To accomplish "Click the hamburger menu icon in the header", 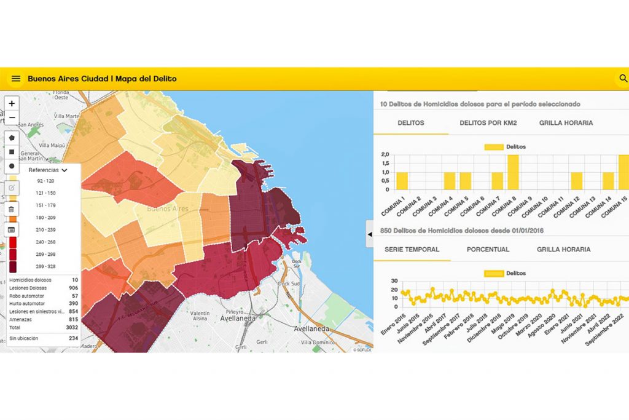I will tap(16, 79).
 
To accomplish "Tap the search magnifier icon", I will tap(623, 79).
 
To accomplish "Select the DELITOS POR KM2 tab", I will tap(488, 123).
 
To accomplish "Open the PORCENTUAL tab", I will tap(488, 250).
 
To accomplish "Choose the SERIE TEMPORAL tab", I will tap(412, 250).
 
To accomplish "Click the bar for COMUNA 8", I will tap(513, 172).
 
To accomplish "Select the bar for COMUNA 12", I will tap(576, 181).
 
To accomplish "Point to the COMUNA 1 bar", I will tap(402, 181).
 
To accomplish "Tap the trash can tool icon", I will tap(12, 210).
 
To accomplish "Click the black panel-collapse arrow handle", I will tap(370, 234).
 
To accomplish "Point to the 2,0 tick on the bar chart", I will tap(385, 154).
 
